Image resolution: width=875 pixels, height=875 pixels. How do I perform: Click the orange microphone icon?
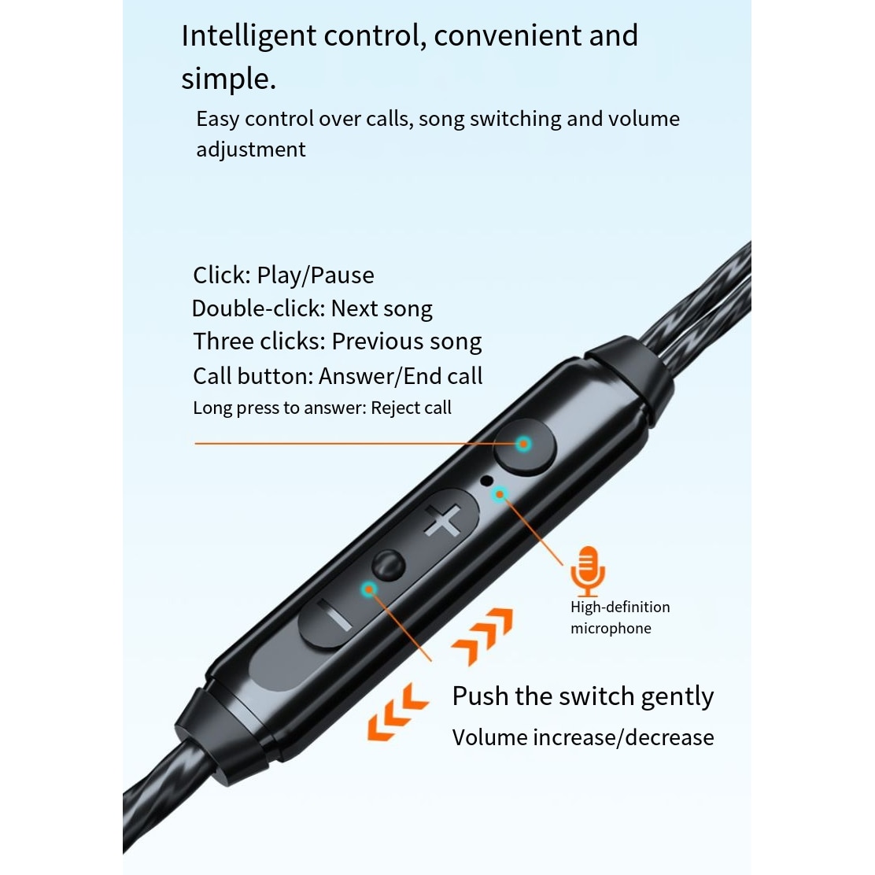[588, 570]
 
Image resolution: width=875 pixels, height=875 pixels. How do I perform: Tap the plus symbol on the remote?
[442, 520]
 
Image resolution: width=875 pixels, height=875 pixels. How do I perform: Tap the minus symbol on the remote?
[334, 615]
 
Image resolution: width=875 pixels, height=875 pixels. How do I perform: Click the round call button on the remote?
[525, 446]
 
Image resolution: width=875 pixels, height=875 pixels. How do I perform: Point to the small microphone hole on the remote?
[486, 480]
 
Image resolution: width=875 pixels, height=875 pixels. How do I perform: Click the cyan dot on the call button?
[523, 445]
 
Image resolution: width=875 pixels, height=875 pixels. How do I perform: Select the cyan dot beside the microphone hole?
[500, 494]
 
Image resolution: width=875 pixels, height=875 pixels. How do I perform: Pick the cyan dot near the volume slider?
[368, 589]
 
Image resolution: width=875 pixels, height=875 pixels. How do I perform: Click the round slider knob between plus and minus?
[389, 565]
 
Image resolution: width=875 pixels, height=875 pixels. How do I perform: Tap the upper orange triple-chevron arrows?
[482, 636]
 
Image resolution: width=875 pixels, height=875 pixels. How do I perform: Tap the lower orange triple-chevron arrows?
[397, 712]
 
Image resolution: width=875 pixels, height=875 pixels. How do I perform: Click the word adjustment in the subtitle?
[250, 150]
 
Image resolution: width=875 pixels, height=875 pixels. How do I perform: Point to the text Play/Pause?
[316, 275]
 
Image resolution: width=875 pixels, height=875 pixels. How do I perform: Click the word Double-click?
[258, 308]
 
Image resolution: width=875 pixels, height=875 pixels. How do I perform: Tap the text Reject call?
[411, 408]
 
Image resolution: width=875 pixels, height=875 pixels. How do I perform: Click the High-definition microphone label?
[620, 617]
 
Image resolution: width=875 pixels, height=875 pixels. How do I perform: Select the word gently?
[677, 697]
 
